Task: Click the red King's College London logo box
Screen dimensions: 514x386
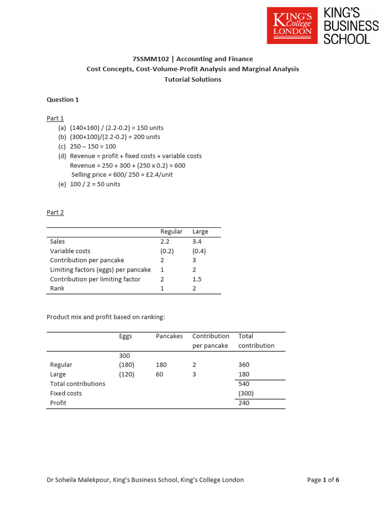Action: pos(292,25)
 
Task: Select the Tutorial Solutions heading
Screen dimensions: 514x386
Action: pos(193,79)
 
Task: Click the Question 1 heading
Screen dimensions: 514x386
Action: pos(63,99)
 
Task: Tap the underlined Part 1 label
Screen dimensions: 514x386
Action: pos(55,118)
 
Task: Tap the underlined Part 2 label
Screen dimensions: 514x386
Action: pos(55,212)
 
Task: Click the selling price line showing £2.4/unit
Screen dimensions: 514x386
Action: pos(122,175)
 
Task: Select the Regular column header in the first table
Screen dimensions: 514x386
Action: pos(171,231)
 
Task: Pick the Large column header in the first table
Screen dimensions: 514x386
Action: pos(200,231)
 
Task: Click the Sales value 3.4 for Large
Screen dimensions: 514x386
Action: pos(197,241)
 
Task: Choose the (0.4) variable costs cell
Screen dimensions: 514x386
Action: pos(199,251)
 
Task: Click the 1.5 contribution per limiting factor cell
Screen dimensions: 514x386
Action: pos(197,279)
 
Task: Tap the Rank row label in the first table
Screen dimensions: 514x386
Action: pos(57,289)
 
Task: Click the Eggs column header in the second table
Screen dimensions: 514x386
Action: pos(125,336)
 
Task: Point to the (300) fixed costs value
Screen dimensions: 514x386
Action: pos(246,394)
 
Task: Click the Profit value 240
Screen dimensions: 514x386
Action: pos(244,403)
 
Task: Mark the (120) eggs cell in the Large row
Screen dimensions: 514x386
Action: pos(127,374)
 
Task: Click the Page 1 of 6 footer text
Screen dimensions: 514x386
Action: pos(323,480)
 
